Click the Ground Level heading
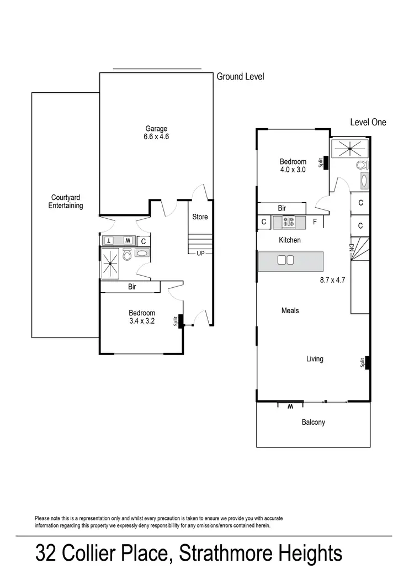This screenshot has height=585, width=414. (240, 77)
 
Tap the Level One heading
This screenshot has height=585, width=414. (368, 122)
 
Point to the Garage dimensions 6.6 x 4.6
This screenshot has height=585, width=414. (156, 136)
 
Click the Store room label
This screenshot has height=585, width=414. (200, 217)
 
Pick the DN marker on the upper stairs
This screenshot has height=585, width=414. (351, 248)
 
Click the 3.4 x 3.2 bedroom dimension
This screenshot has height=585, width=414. (142, 320)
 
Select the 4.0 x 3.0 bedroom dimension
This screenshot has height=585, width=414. (293, 170)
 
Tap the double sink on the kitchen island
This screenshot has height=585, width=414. (285, 260)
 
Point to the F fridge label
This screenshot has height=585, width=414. (315, 223)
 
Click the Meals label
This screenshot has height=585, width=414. (290, 310)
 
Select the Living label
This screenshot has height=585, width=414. (315, 359)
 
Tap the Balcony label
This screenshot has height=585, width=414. (313, 423)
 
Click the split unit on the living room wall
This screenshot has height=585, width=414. (367, 362)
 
